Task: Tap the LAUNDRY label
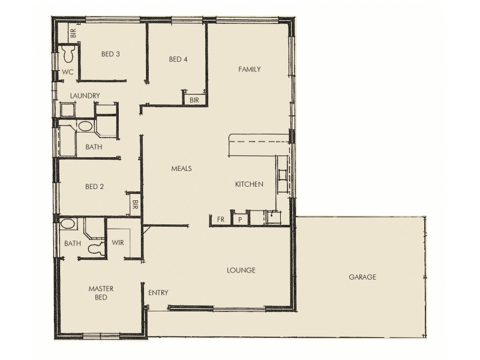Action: pos(85,95)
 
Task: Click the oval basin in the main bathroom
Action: pos(86,127)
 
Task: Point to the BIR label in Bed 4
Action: pos(194,100)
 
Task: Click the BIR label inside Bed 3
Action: pos(73,34)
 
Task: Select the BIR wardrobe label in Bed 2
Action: pos(135,205)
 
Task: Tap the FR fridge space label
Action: pos(220,220)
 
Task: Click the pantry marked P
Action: pos(240,220)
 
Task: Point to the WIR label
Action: pos(118,243)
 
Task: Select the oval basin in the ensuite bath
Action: pos(68,224)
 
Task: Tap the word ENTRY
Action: pos(158,293)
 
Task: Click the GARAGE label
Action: pos(362,277)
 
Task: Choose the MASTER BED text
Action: pos(101,293)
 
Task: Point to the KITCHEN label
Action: pos(249,184)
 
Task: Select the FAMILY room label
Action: pos(249,70)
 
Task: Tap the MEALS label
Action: pos(181,169)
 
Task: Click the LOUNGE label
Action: pos(242,270)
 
